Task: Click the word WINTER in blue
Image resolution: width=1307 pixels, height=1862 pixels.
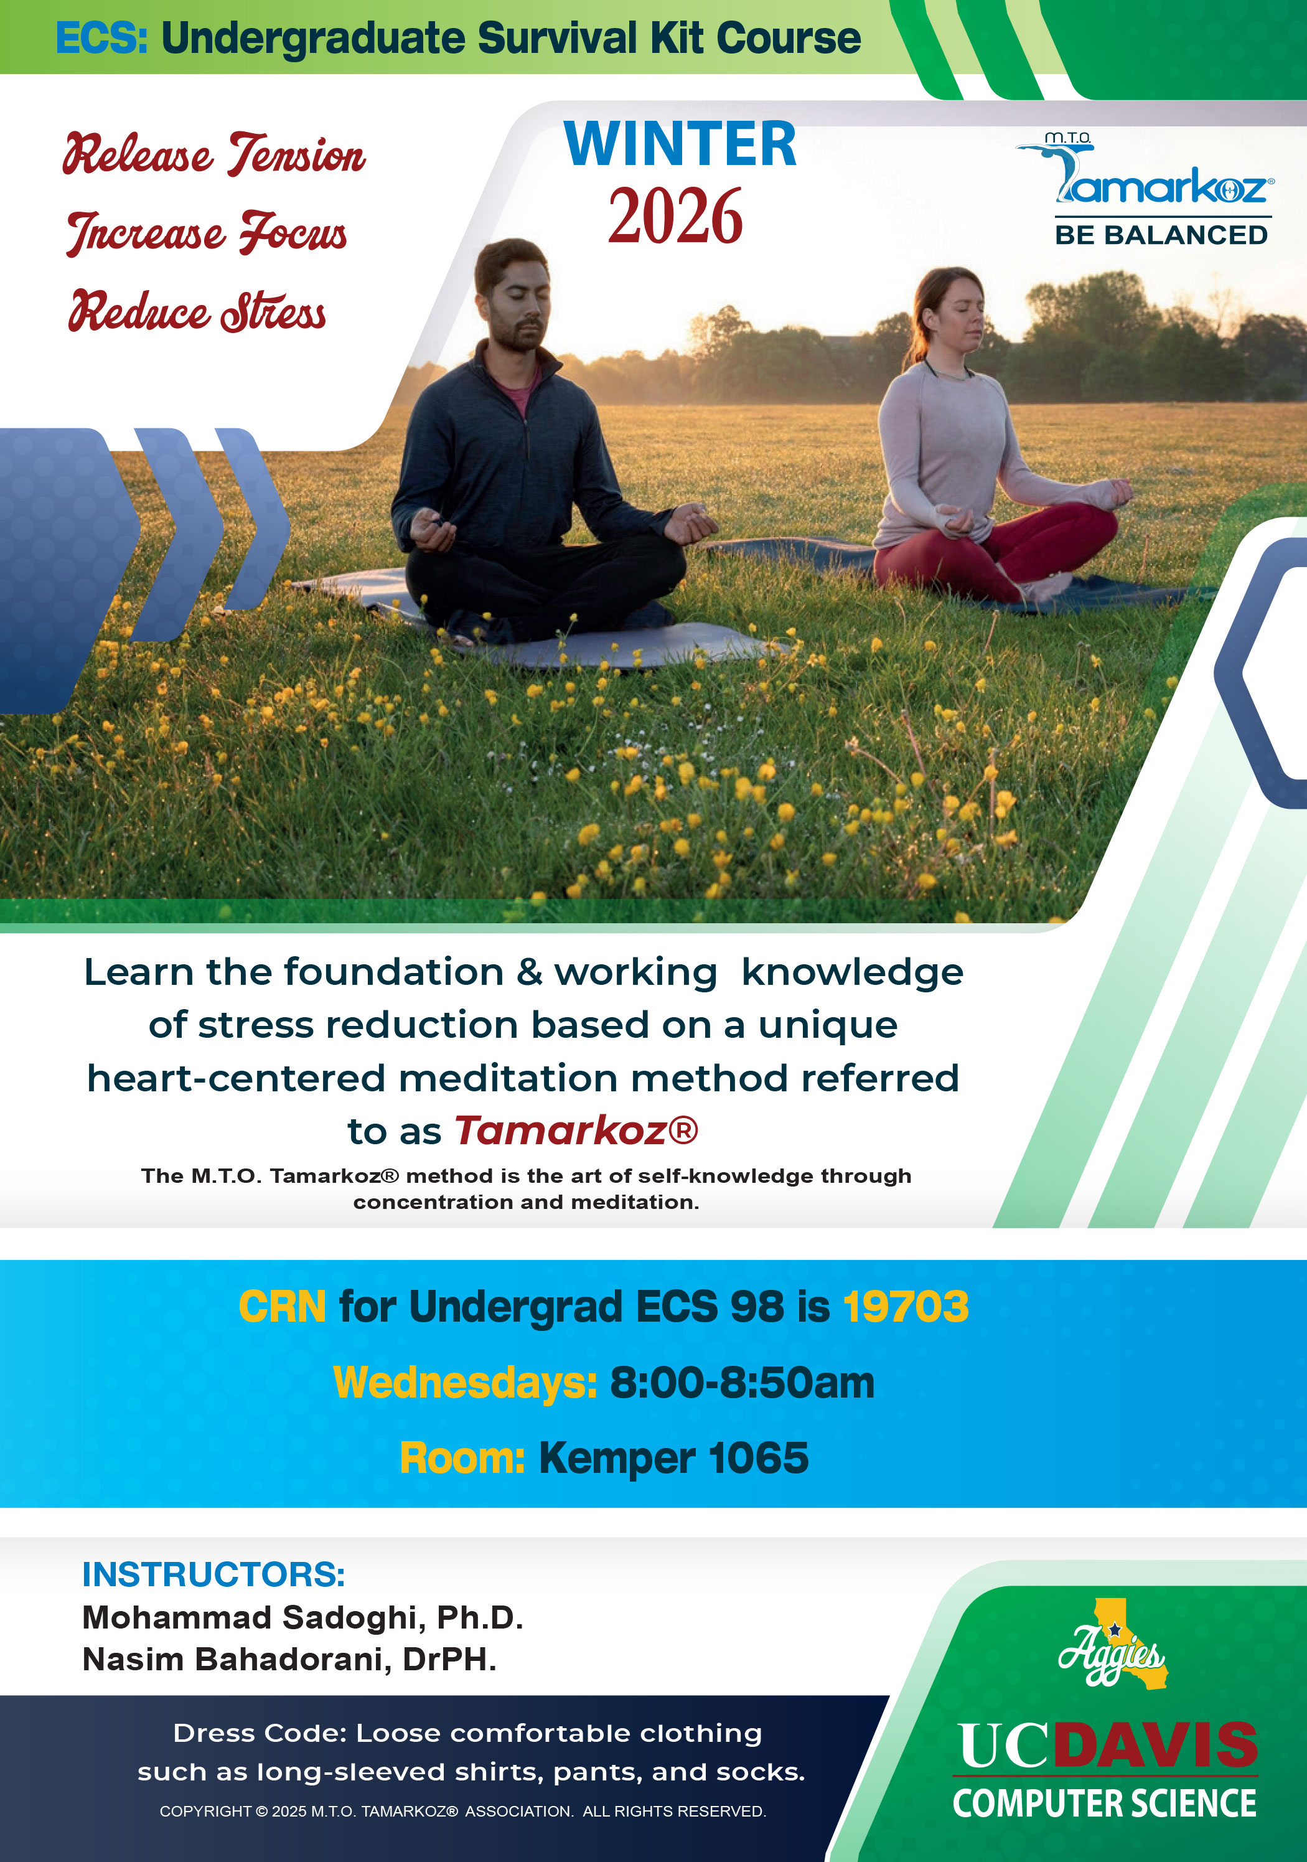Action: click(680, 144)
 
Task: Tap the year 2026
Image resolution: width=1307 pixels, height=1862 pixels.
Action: click(675, 216)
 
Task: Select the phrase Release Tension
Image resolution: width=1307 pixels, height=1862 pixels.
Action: click(214, 154)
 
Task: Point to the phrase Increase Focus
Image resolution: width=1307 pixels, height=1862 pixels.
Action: click(207, 233)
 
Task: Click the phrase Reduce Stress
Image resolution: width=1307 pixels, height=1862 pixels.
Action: click(197, 310)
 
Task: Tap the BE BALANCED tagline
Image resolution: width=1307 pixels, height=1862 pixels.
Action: click(1162, 235)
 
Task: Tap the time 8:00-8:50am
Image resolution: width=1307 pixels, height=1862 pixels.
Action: click(742, 1383)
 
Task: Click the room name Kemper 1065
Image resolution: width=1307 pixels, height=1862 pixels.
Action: click(674, 1458)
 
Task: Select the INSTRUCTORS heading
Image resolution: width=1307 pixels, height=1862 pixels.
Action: click(214, 1574)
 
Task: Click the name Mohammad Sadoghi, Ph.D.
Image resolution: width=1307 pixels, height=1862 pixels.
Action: click(302, 1617)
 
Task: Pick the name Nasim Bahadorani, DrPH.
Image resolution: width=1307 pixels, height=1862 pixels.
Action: click(289, 1659)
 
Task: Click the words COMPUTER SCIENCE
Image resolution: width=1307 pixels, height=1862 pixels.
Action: click(1104, 1803)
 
